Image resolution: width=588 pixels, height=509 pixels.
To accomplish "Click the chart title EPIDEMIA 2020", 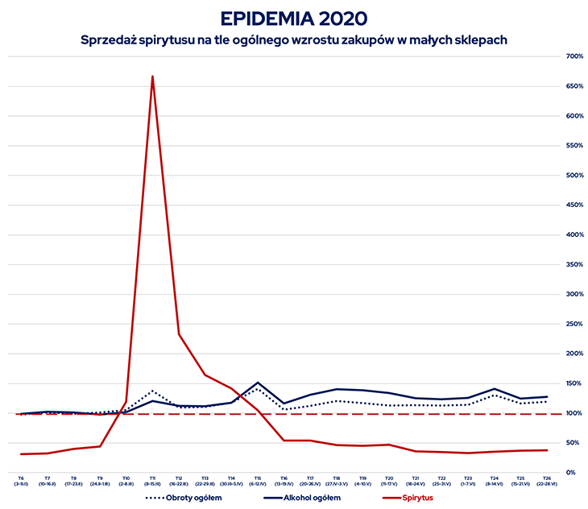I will [293, 18].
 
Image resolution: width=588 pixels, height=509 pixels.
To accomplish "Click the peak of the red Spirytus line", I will [152, 77].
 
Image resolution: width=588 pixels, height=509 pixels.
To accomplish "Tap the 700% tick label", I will [574, 56].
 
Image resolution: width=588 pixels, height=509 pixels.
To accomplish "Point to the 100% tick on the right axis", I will [574, 413].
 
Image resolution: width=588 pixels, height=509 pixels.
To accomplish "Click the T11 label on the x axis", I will [152, 480].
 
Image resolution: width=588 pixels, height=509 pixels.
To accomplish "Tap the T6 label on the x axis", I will [21, 480].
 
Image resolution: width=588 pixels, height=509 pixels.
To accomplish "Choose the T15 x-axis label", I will [258, 480].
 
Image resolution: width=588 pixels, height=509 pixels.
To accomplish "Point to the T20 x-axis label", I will [389, 480].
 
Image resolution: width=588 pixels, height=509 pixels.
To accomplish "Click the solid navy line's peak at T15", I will [258, 383].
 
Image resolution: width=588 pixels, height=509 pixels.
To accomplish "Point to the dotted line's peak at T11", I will [152, 391].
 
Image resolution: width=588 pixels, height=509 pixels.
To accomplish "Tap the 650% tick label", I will [574, 86].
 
